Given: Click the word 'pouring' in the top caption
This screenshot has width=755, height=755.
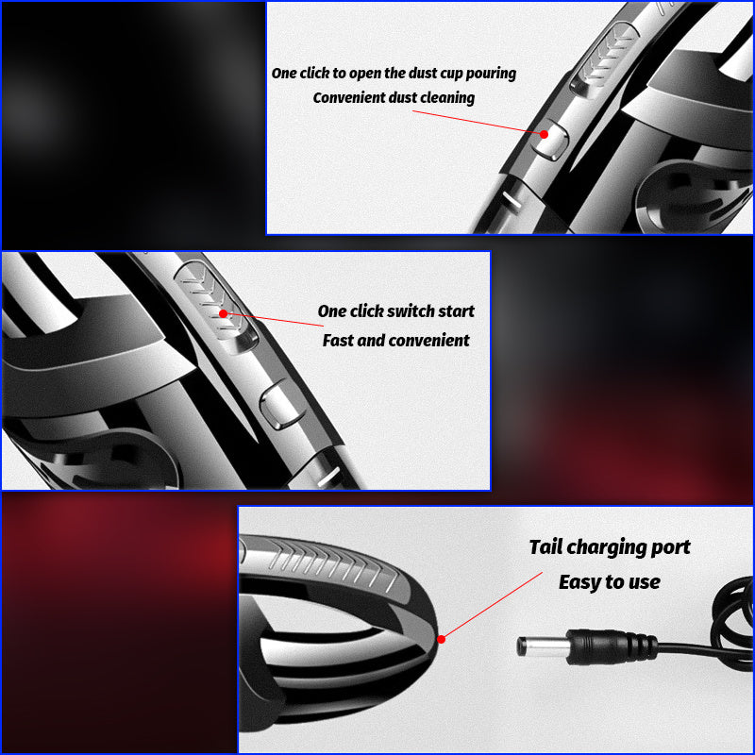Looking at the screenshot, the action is coord(491,74).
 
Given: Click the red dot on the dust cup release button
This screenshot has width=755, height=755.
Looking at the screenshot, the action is coord(544,134).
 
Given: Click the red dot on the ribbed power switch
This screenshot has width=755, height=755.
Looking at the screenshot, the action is coord(223,314).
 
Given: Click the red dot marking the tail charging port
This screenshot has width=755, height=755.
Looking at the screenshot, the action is coord(441,640).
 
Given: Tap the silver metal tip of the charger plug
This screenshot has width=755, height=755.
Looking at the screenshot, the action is coord(542,646).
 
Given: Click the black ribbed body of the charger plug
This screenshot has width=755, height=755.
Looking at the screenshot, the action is coord(611,646).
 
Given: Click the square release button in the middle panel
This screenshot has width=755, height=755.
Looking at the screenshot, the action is coord(278,404).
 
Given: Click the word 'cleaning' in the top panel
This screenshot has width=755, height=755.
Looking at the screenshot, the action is coord(447,98).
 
